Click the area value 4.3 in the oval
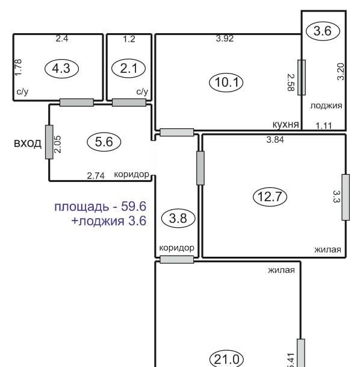[61, 69]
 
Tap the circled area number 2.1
[129, 68]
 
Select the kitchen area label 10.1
[226, 83]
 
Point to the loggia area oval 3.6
[323, 31]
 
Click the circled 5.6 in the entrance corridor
[104, 142]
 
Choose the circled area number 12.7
[270, 196]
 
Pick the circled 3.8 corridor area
[178, 218]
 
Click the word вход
[28, 143]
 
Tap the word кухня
[286, 125]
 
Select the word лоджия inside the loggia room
[326, 106]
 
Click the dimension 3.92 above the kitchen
[225, 39]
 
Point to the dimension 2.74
[96, 176]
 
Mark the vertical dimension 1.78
[19, 67]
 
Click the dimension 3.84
[275, 140]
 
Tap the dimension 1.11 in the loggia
[324, 126]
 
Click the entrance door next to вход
[49, 142]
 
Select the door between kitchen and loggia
[302, 78]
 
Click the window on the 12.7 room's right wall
[346, 197]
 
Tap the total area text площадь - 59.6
[101, 207]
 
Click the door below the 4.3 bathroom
[76, 102]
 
